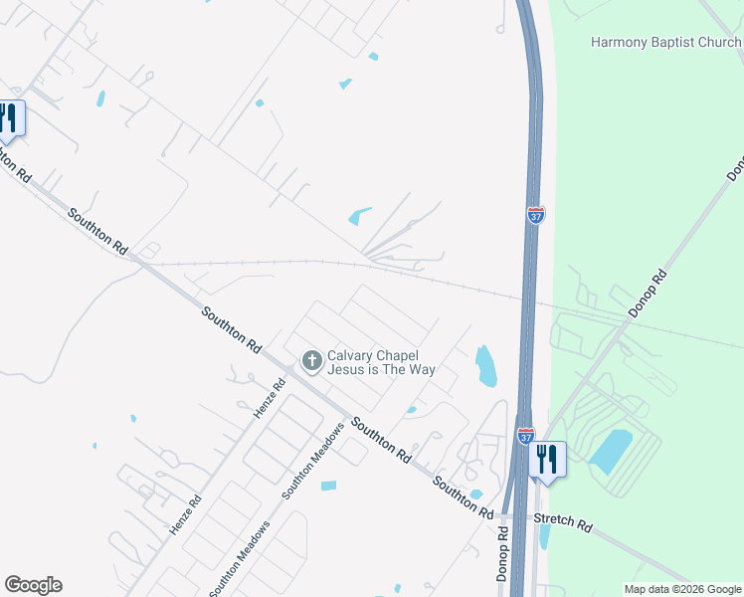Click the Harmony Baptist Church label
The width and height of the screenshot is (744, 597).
665,42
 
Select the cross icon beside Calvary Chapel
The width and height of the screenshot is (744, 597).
312,360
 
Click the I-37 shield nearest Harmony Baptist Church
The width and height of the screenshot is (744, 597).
536,214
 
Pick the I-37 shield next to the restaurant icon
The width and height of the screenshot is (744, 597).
525,436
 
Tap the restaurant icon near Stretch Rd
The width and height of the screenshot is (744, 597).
547,461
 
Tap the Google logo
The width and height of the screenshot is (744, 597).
33,585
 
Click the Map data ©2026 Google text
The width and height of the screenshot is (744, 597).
682,589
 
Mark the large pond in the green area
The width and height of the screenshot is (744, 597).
612,451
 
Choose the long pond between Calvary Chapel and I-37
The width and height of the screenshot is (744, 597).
485,365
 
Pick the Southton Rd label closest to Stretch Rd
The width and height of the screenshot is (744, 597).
463,497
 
